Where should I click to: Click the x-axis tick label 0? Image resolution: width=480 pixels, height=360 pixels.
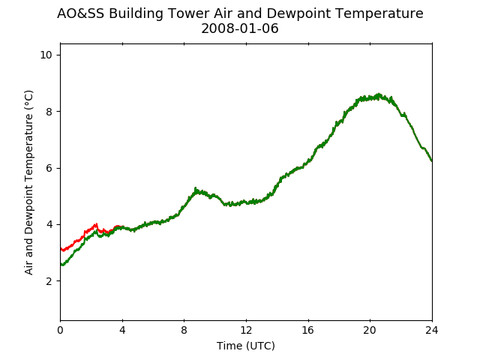point(60,330)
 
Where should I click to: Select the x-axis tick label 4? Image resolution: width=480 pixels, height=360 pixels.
point(122,330)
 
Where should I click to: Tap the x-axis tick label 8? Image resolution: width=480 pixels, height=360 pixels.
point(184,330)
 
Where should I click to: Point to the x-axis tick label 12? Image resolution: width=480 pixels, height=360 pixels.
point(246,330)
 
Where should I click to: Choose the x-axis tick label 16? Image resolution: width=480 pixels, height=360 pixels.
point(308,330)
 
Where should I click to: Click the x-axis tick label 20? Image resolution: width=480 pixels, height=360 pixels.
point(370,330)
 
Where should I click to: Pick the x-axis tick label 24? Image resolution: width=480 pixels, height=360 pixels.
point(432,330)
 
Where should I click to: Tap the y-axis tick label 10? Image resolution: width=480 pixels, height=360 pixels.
point(46,55)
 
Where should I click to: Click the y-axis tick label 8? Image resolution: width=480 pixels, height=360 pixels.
point(49,112)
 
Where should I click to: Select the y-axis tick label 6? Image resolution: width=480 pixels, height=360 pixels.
point(49,168)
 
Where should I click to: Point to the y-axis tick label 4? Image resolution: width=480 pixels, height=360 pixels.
point(49,225)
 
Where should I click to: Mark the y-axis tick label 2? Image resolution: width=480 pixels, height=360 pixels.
point(49,281)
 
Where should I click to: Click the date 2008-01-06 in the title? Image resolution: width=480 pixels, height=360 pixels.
point(240,28)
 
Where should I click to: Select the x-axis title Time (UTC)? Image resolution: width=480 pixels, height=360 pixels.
point(246,346)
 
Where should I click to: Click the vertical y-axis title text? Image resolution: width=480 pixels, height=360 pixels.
point(28,182)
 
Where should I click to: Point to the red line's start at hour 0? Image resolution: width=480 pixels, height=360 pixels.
point(61,248)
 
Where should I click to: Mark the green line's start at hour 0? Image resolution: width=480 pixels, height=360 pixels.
point(61,264)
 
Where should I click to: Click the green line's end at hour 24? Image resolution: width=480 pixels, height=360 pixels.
point(432,161)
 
